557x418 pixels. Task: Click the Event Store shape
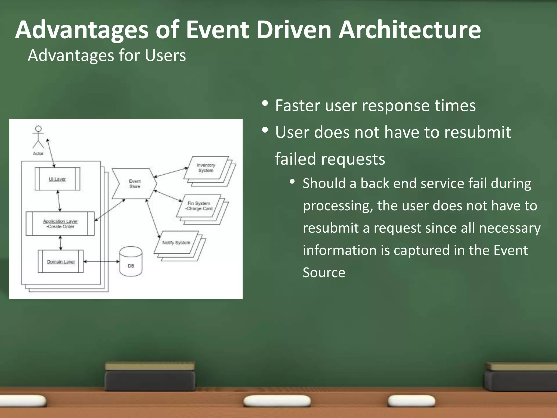click(135, 184)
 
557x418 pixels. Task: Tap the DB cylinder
click(131, 262)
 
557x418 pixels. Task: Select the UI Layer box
click(57, 179)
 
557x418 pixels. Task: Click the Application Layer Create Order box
click(60, 224)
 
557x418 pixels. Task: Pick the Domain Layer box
click(61, 262)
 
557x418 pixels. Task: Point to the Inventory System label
click(206, 168)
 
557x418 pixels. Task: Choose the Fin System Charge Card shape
click(199, 206)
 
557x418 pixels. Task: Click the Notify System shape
click(176, 242)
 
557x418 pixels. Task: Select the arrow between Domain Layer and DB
click(101, 262)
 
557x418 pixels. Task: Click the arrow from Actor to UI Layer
click(51, 153)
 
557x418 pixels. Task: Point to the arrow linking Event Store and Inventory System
click(171, 172)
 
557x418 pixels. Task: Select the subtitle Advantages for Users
click(107, 56)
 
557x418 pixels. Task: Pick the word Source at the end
click(324, 272)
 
